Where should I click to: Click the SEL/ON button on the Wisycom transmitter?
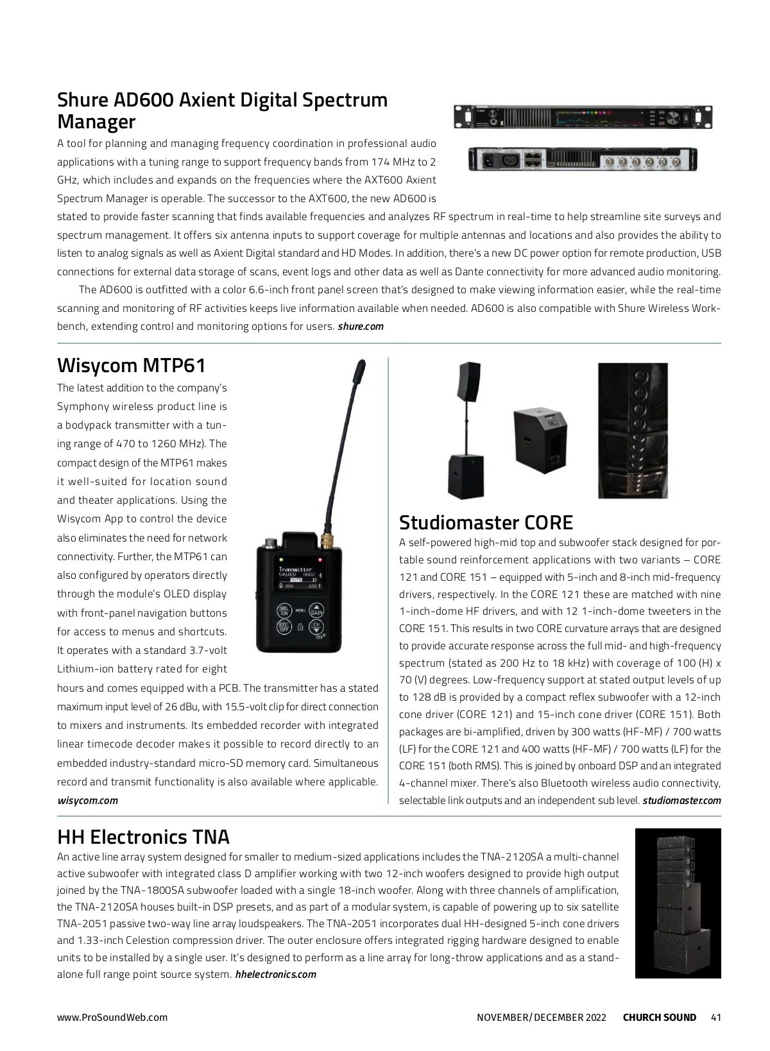(x=284, y=611)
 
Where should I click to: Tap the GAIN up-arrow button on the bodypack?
(x=316, y=610)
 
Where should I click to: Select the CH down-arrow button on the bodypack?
(x=316, y=627)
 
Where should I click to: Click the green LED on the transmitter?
(x=280, y=559)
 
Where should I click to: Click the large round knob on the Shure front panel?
(x=673, y=117)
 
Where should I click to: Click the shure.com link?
(x=361, y=327)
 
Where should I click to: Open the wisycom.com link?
(x=87, y=800)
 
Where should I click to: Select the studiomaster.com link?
(x=681, y=800)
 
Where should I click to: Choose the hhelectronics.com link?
(x=276, y=975)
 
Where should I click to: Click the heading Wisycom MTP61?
(x=132, y=366)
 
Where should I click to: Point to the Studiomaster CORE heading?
(x=486, y=522)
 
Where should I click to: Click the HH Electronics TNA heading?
(x=143, y=837)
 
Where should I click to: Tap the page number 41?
(x=716, y=1018)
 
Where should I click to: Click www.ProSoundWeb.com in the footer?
(x=112, y=1018)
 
